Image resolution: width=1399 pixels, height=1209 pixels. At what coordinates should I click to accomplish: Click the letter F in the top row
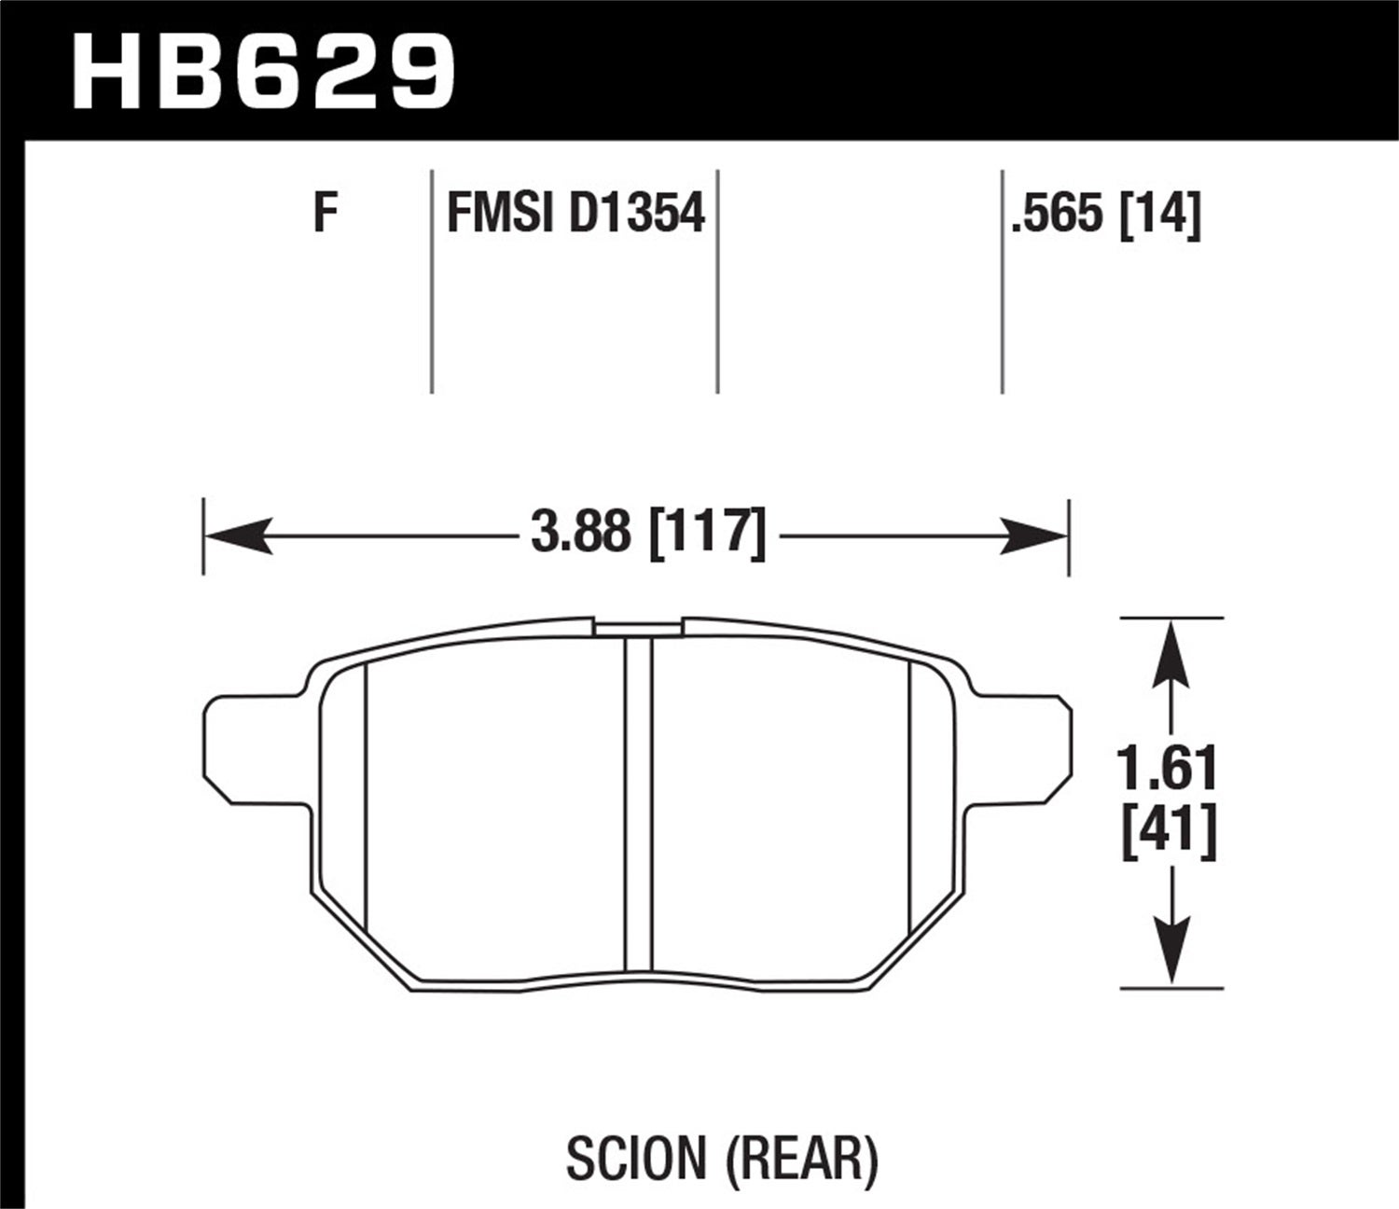(324, 214)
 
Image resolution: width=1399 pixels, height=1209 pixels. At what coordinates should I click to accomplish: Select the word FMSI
(500, 214)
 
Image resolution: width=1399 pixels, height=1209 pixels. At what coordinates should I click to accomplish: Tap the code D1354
(636, 214)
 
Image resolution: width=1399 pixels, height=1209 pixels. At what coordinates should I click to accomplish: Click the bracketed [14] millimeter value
(1161, 214)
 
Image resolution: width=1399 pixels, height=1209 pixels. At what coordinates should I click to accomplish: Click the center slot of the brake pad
(639, 802)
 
